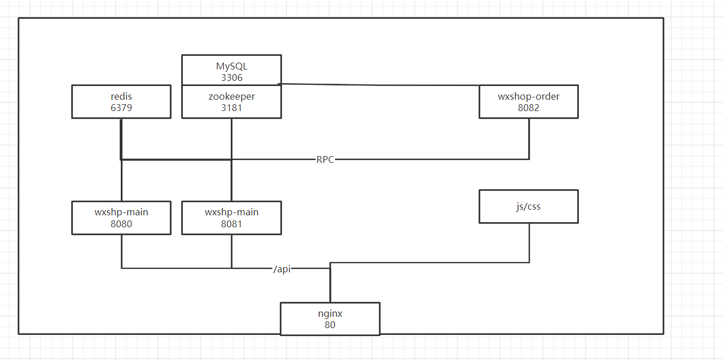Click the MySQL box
[231, 70]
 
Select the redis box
[121, 101]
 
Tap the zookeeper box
[231, 101]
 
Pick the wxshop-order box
[529, 101]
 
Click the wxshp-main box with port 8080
[121, 218]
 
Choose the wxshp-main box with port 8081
[231, 218]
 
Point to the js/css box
[529, 206]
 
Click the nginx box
[330, 319]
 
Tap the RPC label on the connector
[325, 159]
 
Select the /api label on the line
[282, 269]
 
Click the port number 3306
[232, 77]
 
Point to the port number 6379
[121, 107]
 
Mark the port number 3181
[232, 107]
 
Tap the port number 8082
[529, 107]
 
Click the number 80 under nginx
[330, 325]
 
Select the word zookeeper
[231, 96]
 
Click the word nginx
[330, 313]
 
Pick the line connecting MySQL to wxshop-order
[382, 85]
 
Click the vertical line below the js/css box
[529, 242]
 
